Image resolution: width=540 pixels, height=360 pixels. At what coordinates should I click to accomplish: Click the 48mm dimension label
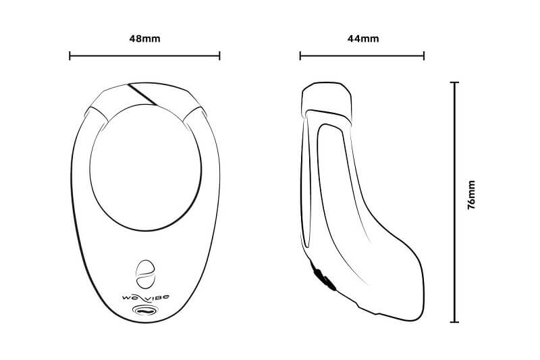pyautogui.click(x=144, y=38)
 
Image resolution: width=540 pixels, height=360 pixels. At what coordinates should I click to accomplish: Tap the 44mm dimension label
pyautogui.click(x=362, y=38)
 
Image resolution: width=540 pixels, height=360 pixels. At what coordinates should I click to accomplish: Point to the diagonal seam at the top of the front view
pyautogui.click(x=142, y=95)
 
